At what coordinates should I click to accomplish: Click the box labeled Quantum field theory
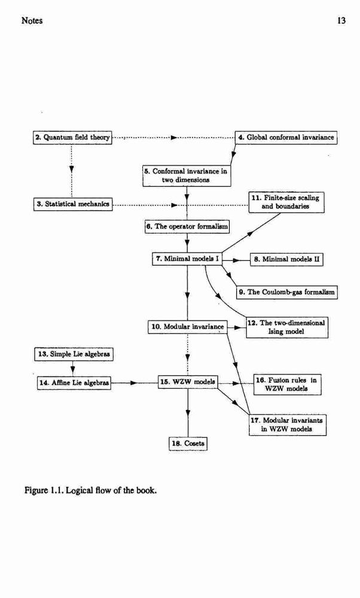click(72, 138)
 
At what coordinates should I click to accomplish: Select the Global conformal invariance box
click(286, 138)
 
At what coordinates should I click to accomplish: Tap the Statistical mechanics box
click(73, 204)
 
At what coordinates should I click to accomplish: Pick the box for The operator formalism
click(187, 227)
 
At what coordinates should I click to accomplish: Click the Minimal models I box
click(187, 259)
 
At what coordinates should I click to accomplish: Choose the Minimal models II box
click(287, 260)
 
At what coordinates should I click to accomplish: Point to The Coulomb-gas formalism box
click(287, 292)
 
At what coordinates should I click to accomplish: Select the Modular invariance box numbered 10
click(188, 327)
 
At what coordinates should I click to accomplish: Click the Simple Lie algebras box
click(74, 354)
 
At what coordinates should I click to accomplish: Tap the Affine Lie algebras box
click(74, 383)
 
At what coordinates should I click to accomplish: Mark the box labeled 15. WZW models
click(188, 382)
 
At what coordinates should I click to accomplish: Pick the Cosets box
click(188, 444)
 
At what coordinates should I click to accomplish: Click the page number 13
click(341, 20)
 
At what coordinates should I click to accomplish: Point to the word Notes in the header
click(32, 20)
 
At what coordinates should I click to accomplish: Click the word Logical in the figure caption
click(80, 490)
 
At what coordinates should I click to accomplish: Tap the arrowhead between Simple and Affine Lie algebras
click(72, 370)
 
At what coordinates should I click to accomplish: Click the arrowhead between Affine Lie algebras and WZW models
click(134, 383)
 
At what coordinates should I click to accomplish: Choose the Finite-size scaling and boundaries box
click(287, 202)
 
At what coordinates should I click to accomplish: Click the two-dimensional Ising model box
click(287, 327)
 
